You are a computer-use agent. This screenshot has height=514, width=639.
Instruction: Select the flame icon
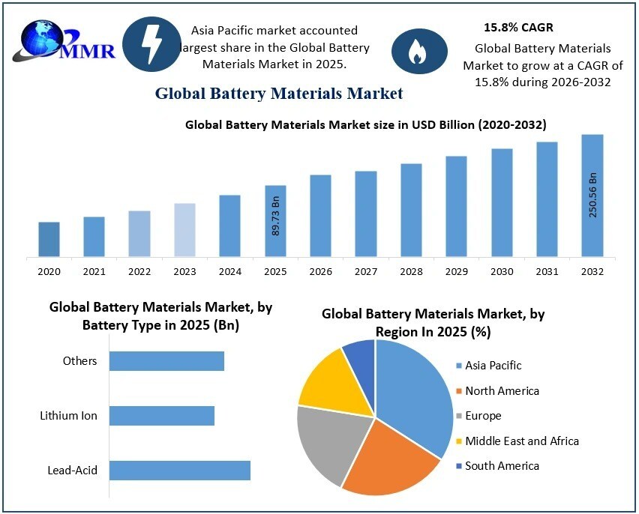pos(415,52)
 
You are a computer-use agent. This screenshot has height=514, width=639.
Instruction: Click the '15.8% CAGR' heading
pos(518,28)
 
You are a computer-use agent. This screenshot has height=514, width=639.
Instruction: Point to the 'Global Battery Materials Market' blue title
pos(279,94)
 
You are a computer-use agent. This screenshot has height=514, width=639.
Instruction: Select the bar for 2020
pos(49,239)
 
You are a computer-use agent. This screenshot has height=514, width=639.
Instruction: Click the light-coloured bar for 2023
pos(184,230)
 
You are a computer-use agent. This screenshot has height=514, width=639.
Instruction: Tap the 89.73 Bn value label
pos(275,217)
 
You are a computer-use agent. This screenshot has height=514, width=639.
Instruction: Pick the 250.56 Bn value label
pos(592,195)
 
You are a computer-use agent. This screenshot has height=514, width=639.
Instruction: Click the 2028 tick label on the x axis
pos(411,271)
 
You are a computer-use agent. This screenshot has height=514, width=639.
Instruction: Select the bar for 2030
pos(502,202)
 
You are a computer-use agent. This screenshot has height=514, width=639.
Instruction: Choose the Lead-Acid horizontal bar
pos(179,471)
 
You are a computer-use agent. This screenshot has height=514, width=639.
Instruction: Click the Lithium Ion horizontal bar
pos(162,416)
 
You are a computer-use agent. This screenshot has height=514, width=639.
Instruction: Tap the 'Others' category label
pos(80,361)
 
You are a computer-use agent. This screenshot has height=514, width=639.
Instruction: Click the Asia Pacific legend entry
pos(493,366)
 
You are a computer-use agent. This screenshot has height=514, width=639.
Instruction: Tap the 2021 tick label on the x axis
pos(94,271)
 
